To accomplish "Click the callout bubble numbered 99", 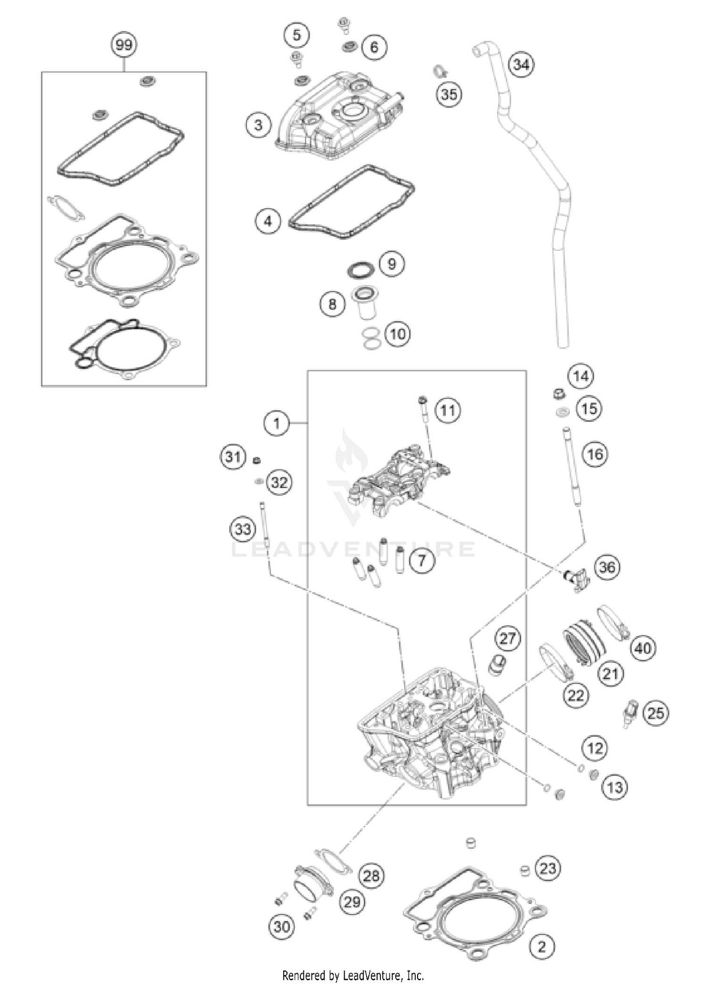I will [124, 45].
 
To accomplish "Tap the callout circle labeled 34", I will [521, 64].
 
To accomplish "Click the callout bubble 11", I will [447, 411].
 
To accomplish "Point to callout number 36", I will [607, 567].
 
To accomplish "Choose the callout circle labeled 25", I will [656, 714].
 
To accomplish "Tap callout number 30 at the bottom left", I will [282, 927].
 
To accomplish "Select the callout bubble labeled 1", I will [277, 423].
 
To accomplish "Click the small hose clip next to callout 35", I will [439, 73].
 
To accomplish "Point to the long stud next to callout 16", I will [571, 466].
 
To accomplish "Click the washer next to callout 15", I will [562, 412].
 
